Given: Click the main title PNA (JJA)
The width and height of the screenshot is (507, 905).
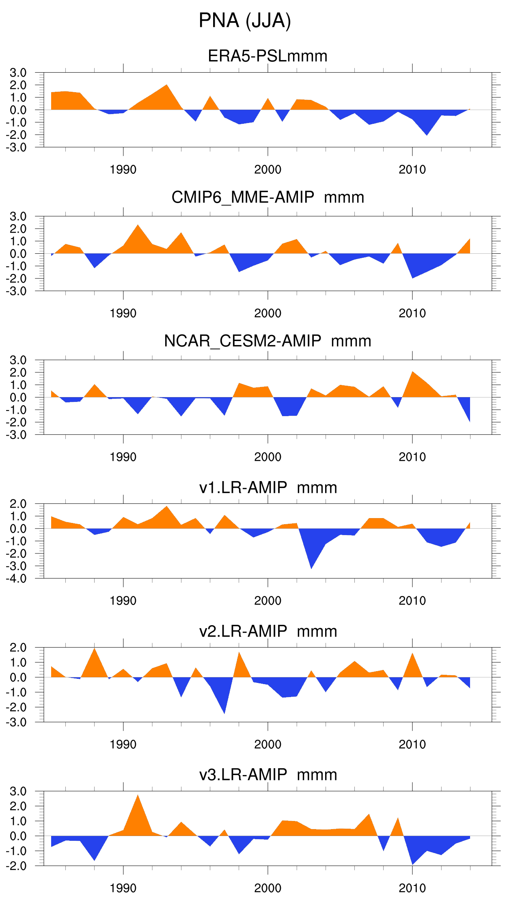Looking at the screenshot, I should coord(245,20).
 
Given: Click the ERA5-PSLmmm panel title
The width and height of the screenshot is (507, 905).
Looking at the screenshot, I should coord(268,56).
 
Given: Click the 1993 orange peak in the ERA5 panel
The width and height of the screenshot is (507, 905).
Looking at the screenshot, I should coord(166,91).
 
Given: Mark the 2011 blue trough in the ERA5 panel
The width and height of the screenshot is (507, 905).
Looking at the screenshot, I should coord(427,129).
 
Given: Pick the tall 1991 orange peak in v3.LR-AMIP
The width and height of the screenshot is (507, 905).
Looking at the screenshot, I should coord(138,804).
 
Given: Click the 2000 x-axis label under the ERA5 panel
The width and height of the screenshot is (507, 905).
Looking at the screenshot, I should coord(268,170).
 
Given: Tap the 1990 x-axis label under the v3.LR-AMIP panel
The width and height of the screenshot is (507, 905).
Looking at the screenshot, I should coord(123,888).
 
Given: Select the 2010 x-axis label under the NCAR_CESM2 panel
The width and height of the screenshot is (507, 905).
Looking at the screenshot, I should coord(412,457).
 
